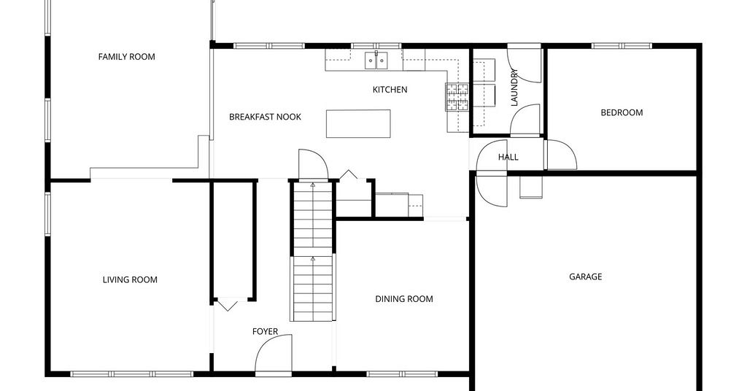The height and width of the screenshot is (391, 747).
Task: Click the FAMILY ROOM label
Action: coord(126,57)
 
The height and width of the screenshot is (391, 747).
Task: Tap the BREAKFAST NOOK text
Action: coord(265,117)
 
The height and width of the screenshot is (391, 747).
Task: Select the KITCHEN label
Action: coord(390,90)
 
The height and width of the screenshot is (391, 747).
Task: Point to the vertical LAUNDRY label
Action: coord(514,88)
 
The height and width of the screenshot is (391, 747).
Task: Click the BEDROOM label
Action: coord(622,113)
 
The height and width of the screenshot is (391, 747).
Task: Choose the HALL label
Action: coord(508,157)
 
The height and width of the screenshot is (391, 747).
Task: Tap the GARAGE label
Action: coord(586,276)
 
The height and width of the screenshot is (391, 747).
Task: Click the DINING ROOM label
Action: coord(404,299)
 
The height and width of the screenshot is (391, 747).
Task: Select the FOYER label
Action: coord(265,331)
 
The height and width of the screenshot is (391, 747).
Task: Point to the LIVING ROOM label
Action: coord(130,279)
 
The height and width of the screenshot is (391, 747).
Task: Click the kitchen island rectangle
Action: coord(358,124)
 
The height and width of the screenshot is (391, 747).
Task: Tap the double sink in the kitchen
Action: coord(376,61)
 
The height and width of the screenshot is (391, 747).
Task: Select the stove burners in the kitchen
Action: coord(457,97)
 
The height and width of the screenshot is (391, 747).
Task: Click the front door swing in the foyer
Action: coord(274,353)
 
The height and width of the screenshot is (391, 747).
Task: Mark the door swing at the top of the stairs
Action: coord(313,164)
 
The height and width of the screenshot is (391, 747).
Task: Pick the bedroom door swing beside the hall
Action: coord(561,155)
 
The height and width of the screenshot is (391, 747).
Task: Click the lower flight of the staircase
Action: coord(313,288)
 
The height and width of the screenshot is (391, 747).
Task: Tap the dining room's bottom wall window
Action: coord(401,373)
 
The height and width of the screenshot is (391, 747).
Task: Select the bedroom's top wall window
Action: coord(622,46)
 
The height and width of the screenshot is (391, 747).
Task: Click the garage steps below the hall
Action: coord(531,187)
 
